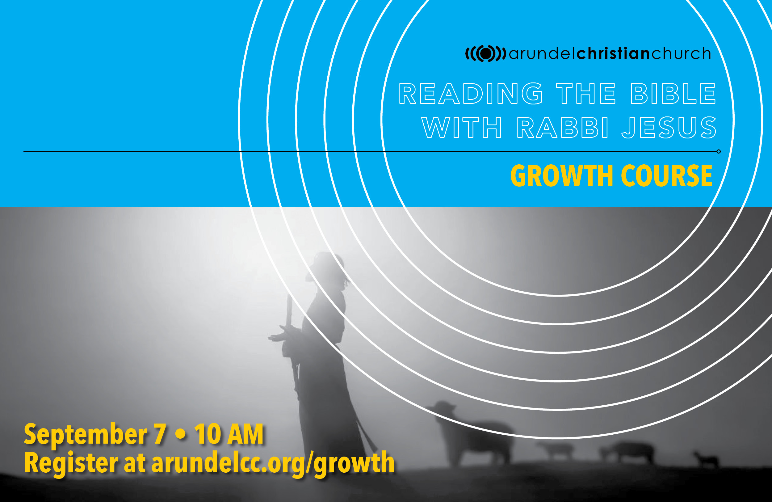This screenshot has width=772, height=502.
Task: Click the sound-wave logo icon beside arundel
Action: [485, 53]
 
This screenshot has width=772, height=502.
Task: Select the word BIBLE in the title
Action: [673, 94]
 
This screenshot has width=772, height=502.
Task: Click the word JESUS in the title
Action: [669, 128]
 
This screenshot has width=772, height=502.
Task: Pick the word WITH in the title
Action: [462, 128]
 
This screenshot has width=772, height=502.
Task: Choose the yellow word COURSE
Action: [667, 175]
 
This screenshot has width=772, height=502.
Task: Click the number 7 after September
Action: [160, 434]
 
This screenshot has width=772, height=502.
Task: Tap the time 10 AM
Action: [229, 434]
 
